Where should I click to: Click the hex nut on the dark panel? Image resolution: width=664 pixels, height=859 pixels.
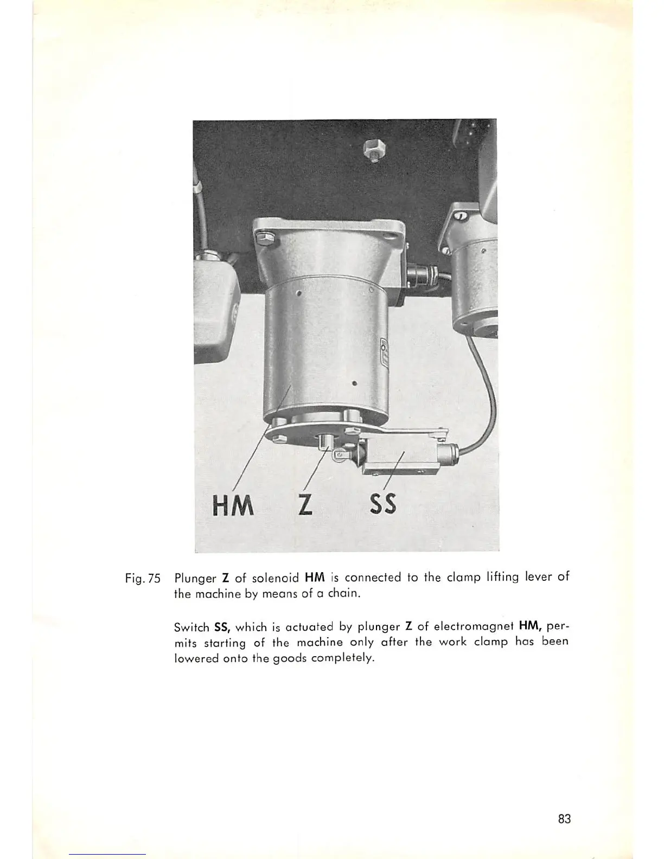coord(373,148)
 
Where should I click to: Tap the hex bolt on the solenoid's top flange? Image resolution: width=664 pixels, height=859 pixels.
coord(264,239)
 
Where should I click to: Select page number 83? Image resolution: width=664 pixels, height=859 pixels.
coord(564,819)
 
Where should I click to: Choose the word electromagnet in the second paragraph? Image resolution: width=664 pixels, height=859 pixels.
coord(473,627)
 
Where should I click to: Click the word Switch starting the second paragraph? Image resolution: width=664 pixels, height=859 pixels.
coord(191,628)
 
